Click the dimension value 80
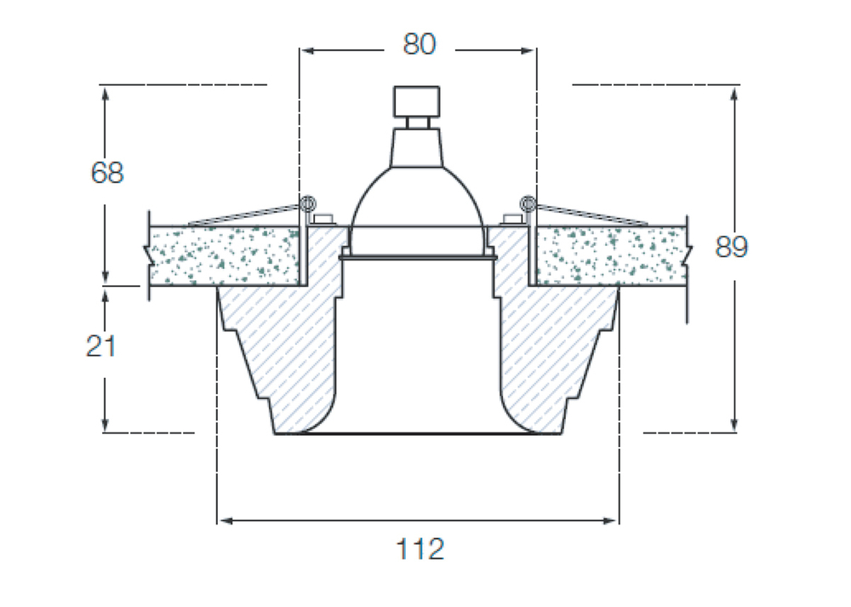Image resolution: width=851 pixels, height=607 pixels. click(419, 44)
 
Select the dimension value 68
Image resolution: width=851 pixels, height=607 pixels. click(107, 173)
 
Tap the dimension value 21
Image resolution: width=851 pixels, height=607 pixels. click(101, 346)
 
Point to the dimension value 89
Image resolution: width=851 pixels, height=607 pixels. click(731, 247)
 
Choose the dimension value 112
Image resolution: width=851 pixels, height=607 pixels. click(420, 549)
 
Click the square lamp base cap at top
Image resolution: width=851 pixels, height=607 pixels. click(416, 101)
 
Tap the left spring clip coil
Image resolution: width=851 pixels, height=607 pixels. click(307, 203)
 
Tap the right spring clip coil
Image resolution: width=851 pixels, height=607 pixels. click(527, 203)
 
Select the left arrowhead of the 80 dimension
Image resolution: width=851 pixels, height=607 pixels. click(309, 50)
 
